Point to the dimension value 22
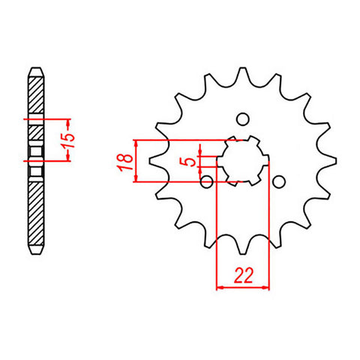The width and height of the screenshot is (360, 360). click(241, 276)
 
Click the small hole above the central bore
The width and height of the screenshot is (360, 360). click(241, 118)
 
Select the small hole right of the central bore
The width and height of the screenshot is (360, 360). click(277, 181)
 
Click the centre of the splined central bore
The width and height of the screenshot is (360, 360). click(241, 160)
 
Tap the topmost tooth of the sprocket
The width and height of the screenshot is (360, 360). click(242, 74)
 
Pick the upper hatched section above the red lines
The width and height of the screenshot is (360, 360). click(35, 96)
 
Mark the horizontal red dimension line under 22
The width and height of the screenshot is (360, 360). click(241, 286)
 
